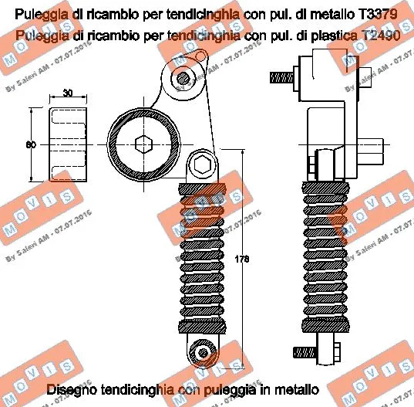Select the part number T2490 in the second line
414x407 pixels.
382,36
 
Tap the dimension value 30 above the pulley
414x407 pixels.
68,93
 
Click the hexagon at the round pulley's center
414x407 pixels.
143,144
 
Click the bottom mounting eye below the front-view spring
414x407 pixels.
203,351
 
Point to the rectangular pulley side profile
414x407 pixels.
68,144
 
